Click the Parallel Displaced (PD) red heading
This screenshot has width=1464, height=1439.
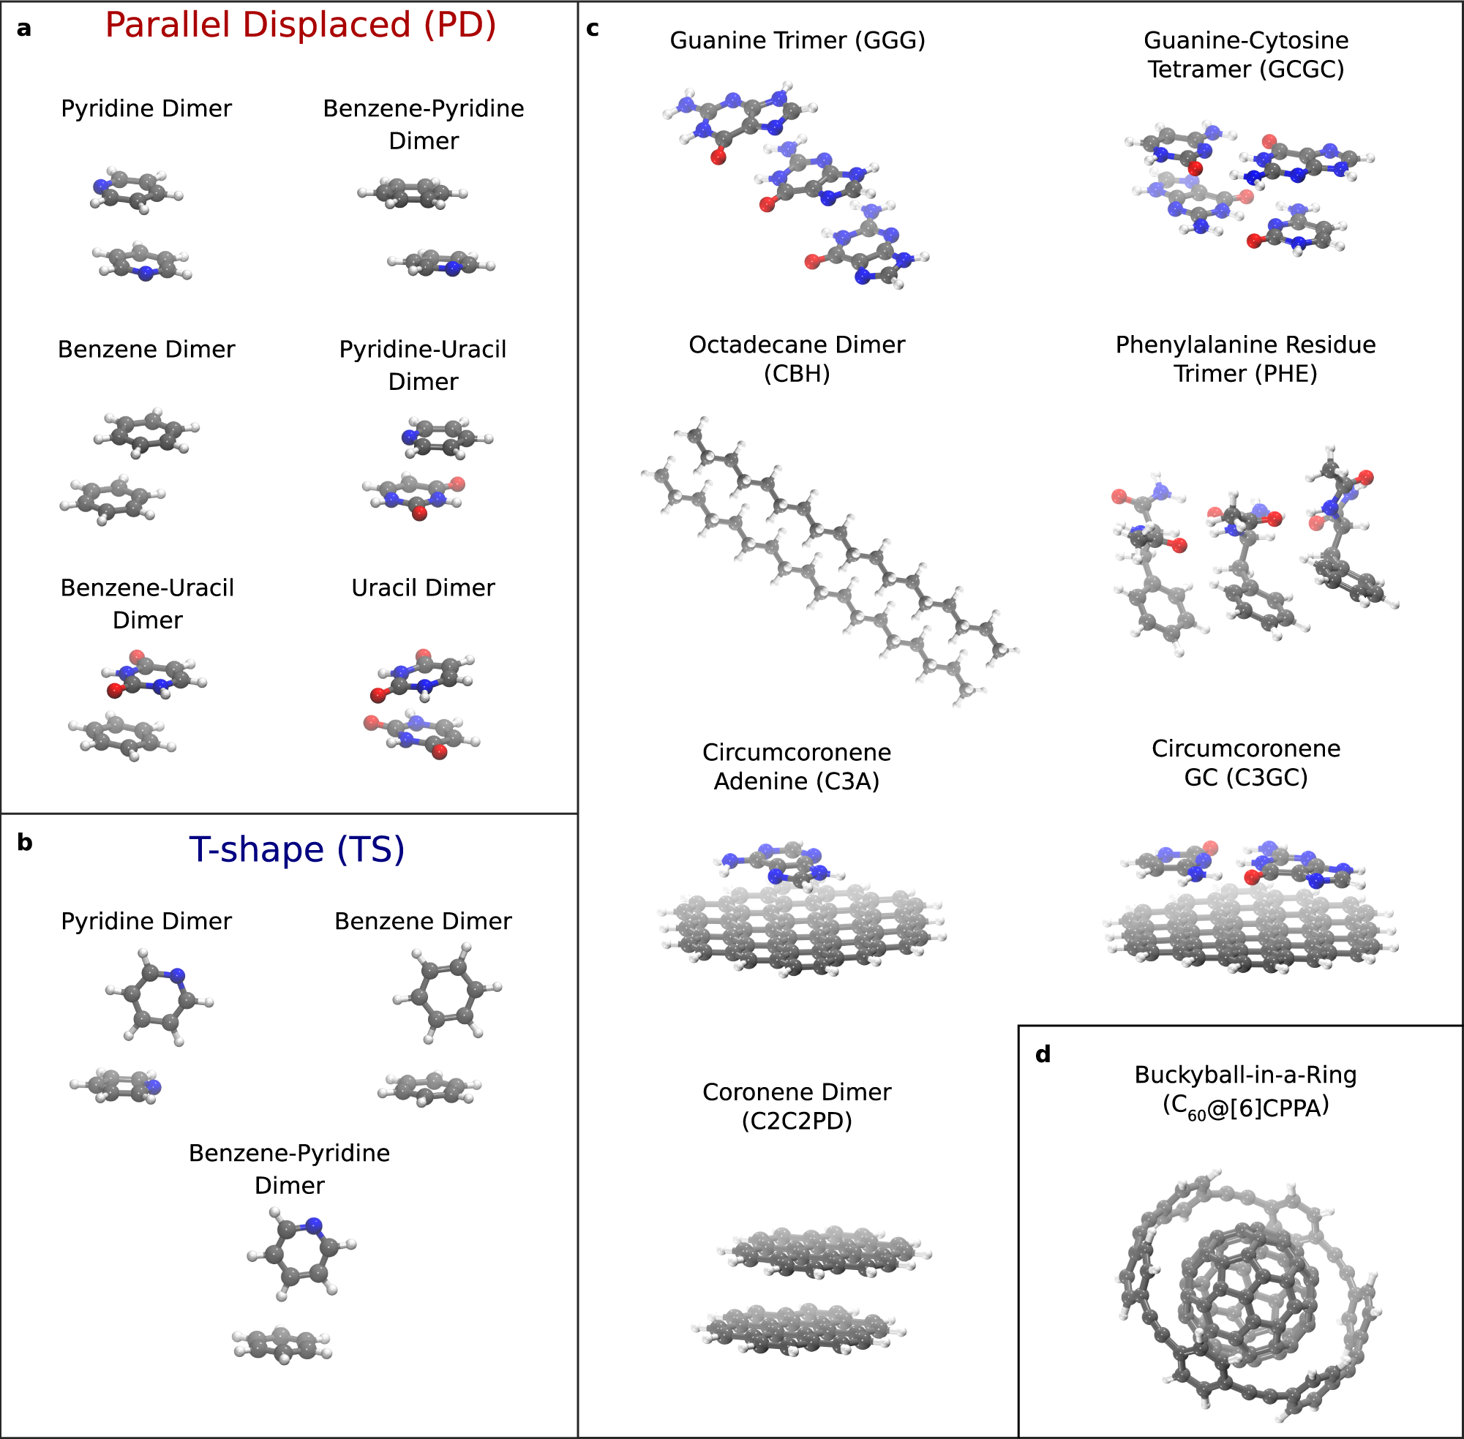coord(300,25)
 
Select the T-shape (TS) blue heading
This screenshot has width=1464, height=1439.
coord(296,849)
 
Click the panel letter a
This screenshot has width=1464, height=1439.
coord(24,29)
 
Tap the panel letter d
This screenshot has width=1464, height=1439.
coord(1043,1053)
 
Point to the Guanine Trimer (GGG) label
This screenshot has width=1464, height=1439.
coord(797,40)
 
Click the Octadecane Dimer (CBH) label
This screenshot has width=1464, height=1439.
coord(797,358)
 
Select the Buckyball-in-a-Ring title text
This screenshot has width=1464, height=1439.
coord(1245,1075)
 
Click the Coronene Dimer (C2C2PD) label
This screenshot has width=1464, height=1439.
coord(797,1105)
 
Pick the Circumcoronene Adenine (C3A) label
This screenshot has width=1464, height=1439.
coord(797,767)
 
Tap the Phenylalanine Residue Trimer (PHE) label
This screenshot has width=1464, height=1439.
coord(1245,358)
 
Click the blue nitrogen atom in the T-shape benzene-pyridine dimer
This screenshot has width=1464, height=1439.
coord(314,1225)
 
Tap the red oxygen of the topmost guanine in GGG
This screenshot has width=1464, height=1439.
coord(718,157)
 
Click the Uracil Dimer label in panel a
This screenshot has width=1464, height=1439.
coord(424,587)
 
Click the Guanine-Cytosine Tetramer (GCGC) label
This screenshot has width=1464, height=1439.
coord(1245,54)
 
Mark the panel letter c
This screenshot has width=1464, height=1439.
coord(593,29)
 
